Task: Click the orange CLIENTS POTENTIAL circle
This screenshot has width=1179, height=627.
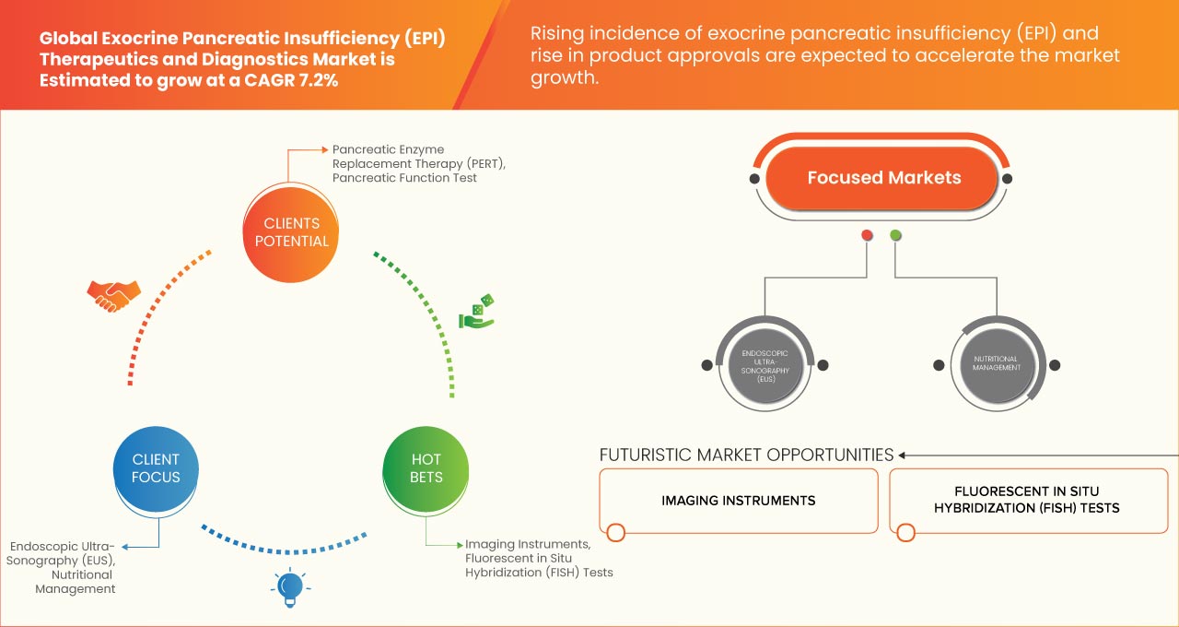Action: point(290,232)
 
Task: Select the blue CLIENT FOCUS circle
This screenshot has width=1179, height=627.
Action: point(156,467)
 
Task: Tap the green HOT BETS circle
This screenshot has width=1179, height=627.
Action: point(426,467)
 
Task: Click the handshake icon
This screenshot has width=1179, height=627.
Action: point(113,295)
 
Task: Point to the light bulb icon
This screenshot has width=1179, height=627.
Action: point(290,587)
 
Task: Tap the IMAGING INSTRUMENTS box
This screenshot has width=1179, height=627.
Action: point(738,501)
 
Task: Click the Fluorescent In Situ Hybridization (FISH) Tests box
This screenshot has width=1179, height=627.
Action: point(1026,501)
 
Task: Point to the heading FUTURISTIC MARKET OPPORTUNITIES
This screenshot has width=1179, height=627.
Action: point(746,455)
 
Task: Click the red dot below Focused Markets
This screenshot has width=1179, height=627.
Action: point(867,236)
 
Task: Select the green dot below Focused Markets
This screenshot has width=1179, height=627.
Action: point(895,236)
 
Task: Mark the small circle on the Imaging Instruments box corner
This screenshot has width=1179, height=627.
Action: point(616,532)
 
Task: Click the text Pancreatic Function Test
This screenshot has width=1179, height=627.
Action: point(404,178)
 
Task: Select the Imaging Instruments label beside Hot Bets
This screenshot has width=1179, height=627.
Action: point(527,545)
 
